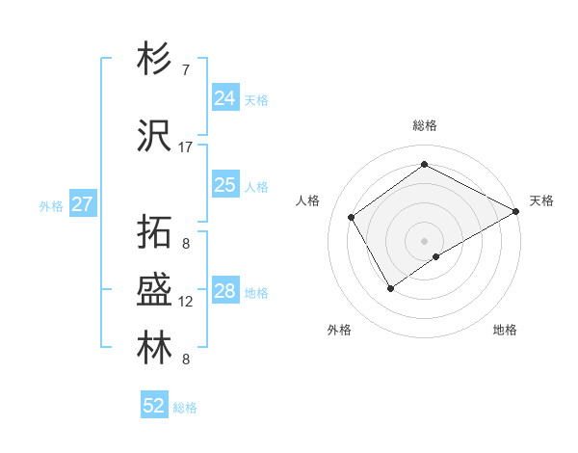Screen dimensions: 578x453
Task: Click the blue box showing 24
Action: pos(224,98)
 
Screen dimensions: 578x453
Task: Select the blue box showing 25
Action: pos(224,185)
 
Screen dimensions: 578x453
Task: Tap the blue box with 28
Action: pos(224,291)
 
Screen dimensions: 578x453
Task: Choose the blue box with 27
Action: pos(82,204)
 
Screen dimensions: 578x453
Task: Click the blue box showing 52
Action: pos(154,407)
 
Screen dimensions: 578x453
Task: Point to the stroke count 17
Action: pos(186,147)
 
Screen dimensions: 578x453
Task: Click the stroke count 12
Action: pos(186,302)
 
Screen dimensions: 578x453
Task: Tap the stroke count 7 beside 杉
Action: pos(186,70)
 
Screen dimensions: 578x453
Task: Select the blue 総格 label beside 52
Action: pos(185,408)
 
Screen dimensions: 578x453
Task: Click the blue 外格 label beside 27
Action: pos(51,205)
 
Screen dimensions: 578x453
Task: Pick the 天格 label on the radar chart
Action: pos(541,200)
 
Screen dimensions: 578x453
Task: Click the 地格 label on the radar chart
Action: pos(505,330)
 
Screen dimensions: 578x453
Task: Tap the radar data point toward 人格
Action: pos(352,217)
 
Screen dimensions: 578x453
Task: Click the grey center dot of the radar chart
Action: pos(424,240)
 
